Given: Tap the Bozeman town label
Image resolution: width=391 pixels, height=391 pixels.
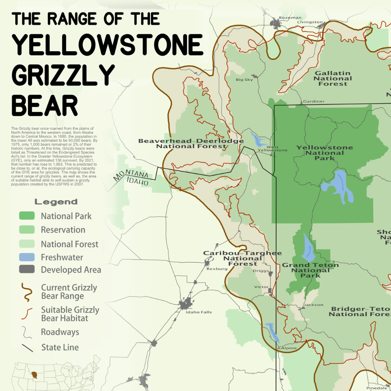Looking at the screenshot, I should point(290,18).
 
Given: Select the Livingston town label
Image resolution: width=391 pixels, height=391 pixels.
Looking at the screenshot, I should point(309,22).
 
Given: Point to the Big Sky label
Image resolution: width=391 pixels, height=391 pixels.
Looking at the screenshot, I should point(244,80).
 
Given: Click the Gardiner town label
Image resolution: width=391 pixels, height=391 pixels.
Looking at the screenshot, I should point(314,101).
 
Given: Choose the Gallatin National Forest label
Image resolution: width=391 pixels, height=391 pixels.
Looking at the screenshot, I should point(333,78).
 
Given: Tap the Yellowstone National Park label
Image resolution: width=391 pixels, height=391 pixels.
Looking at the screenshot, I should point(324,153).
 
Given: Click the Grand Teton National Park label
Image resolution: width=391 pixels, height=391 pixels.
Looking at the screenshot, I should point(310,270).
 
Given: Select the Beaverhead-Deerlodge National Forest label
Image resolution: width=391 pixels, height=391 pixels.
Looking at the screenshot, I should point(191,143).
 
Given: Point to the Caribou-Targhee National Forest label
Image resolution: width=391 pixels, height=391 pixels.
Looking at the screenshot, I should point(242,258).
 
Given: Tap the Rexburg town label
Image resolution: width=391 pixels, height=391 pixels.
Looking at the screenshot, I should point(217,269).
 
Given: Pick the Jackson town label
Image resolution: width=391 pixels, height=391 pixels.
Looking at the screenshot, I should point(314,305).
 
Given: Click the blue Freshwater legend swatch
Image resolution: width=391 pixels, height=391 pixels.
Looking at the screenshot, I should point(27,257).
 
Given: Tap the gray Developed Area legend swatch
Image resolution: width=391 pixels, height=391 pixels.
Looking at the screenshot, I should point(27,270).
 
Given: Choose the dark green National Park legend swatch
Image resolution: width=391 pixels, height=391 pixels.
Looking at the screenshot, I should point(27,216).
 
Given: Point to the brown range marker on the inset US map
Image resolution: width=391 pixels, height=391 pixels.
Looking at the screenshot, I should point(35,374).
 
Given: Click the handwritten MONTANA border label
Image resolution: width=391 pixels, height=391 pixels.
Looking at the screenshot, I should point(131,176).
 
